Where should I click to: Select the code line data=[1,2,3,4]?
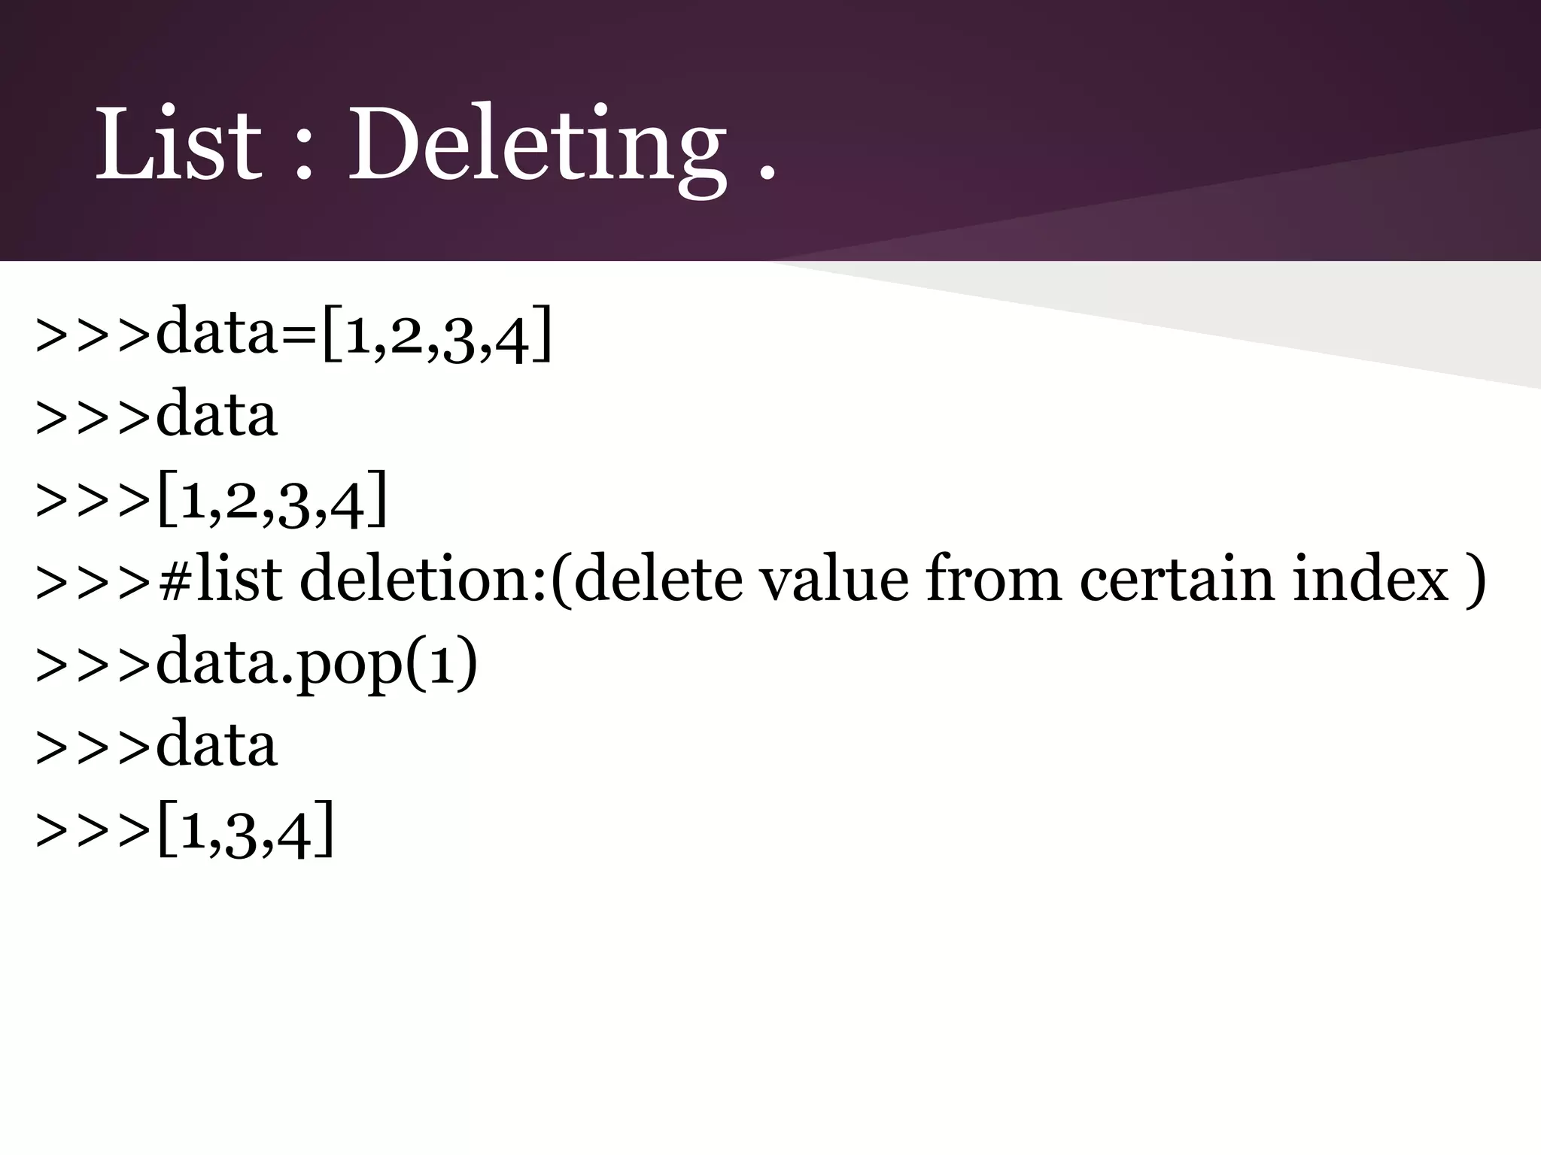[354, 335]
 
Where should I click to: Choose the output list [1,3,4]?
[245, 830]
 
